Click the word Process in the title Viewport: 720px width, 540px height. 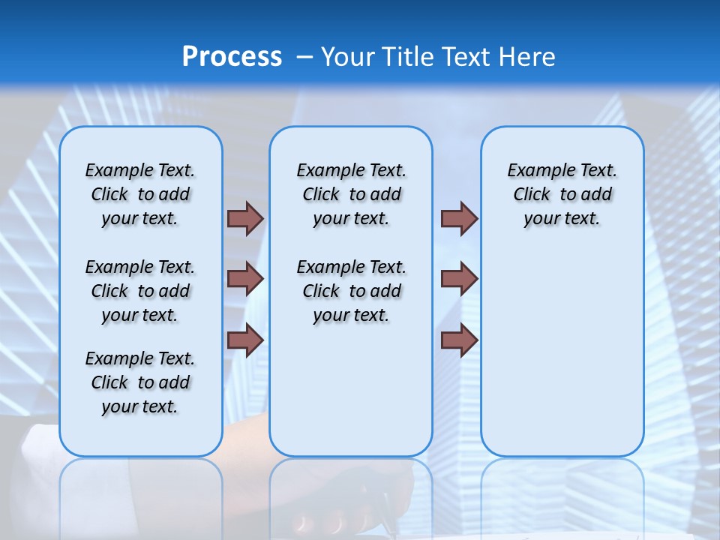232,56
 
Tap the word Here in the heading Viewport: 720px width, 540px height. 527,56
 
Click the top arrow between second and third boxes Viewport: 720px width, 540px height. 459,218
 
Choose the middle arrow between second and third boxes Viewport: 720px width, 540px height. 459,279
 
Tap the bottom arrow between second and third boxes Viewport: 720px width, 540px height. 459,340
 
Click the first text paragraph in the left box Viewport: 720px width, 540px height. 140,194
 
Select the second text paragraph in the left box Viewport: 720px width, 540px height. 140,291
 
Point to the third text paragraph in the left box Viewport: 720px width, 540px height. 140,382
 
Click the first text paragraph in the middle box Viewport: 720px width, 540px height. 351,194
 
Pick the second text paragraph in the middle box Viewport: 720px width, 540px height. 351,291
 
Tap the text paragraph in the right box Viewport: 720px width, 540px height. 562,194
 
